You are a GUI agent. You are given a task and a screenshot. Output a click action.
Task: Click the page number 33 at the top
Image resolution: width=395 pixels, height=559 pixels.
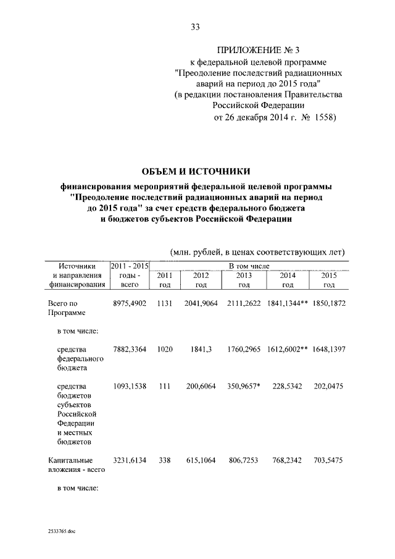(196, 27)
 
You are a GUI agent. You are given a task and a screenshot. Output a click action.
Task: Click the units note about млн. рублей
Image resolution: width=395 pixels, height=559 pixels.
(257, 252)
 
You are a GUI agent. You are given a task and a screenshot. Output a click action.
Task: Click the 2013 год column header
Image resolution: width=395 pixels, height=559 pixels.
(244, 280)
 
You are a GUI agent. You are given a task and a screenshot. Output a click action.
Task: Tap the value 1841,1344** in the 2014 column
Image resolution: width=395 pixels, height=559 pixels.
(289, 304)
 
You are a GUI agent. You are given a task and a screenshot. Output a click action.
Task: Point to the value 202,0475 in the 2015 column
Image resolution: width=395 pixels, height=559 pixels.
(328, 386)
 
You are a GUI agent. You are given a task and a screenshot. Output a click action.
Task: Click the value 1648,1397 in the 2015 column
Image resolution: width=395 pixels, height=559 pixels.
(328, 349)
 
